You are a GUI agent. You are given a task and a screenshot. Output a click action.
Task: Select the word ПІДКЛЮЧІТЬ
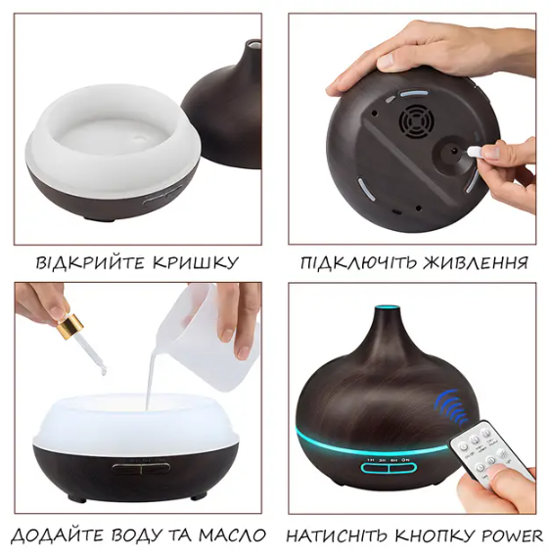point(355,263)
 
